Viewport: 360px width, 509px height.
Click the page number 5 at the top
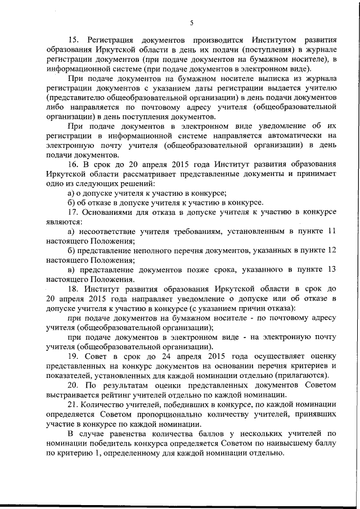191,22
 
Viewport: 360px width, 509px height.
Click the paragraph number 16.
74,164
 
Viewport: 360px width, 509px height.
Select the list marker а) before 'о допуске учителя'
70,192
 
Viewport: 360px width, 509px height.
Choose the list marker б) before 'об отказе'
70,202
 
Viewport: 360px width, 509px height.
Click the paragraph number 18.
74,287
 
